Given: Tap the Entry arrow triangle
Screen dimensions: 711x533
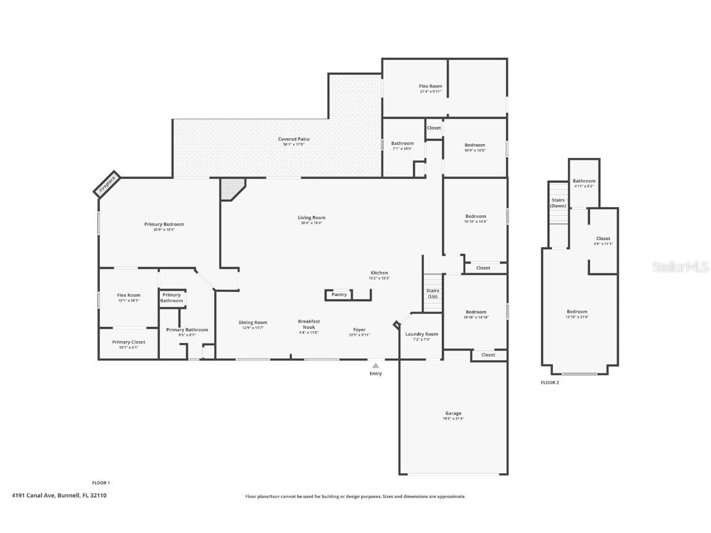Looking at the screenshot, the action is pos(375,366).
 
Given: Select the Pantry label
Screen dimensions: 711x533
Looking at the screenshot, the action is pos(339,294).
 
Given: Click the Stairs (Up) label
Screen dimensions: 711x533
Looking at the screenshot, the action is pos(433,293).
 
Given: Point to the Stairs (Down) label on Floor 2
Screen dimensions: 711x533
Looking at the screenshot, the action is pos(558,202).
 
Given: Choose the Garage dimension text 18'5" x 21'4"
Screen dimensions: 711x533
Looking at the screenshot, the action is pos(453,419).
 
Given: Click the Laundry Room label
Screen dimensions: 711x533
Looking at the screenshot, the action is pos(422,334).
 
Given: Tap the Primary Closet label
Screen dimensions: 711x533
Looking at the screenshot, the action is pos(129,342).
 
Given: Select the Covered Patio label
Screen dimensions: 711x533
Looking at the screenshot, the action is pos(294,139).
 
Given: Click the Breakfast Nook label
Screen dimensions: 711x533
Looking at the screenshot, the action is pos(309,324).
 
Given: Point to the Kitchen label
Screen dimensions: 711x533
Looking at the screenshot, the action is pos(379,273).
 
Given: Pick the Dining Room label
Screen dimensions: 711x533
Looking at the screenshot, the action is pos(253,322).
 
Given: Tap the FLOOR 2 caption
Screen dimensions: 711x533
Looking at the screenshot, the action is pos(549,382).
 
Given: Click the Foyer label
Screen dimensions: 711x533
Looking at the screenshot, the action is pos(359,329).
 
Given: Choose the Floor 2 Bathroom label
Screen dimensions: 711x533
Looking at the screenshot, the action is pos(584,181).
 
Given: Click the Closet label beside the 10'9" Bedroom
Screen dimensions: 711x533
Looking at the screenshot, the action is pos(434,128).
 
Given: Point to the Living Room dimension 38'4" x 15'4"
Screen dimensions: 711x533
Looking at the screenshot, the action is pos(311,223).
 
